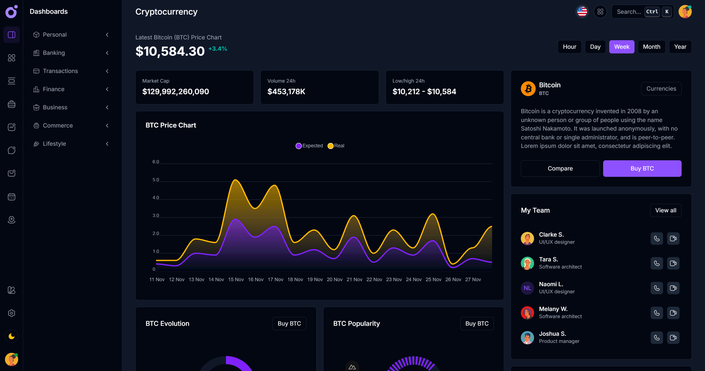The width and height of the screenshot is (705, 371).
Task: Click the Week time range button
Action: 621,47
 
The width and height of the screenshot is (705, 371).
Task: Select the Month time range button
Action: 651,47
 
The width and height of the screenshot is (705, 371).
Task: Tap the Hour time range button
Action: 569,47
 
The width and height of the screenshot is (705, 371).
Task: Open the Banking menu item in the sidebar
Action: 54,53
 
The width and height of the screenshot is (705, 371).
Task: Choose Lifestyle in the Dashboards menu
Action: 55,144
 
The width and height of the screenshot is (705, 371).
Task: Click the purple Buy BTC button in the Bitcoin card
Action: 642,169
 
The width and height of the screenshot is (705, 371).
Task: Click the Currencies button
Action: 661,89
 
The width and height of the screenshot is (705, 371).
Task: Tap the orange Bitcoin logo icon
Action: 528,89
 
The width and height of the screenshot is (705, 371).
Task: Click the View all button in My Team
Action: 665,210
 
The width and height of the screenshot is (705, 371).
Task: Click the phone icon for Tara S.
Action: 657,263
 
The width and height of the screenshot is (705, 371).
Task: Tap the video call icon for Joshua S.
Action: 673,338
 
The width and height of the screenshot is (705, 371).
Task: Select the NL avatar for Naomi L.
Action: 527,288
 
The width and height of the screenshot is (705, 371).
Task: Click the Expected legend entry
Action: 309,146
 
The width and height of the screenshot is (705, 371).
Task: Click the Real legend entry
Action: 336,146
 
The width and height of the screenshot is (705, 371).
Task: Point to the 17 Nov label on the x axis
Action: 275,280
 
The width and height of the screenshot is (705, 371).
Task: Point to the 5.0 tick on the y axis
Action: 156,180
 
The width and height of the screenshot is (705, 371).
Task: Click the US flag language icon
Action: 582,12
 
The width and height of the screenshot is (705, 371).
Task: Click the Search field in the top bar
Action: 629,12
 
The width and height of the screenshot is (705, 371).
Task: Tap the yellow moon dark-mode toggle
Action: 12,336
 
